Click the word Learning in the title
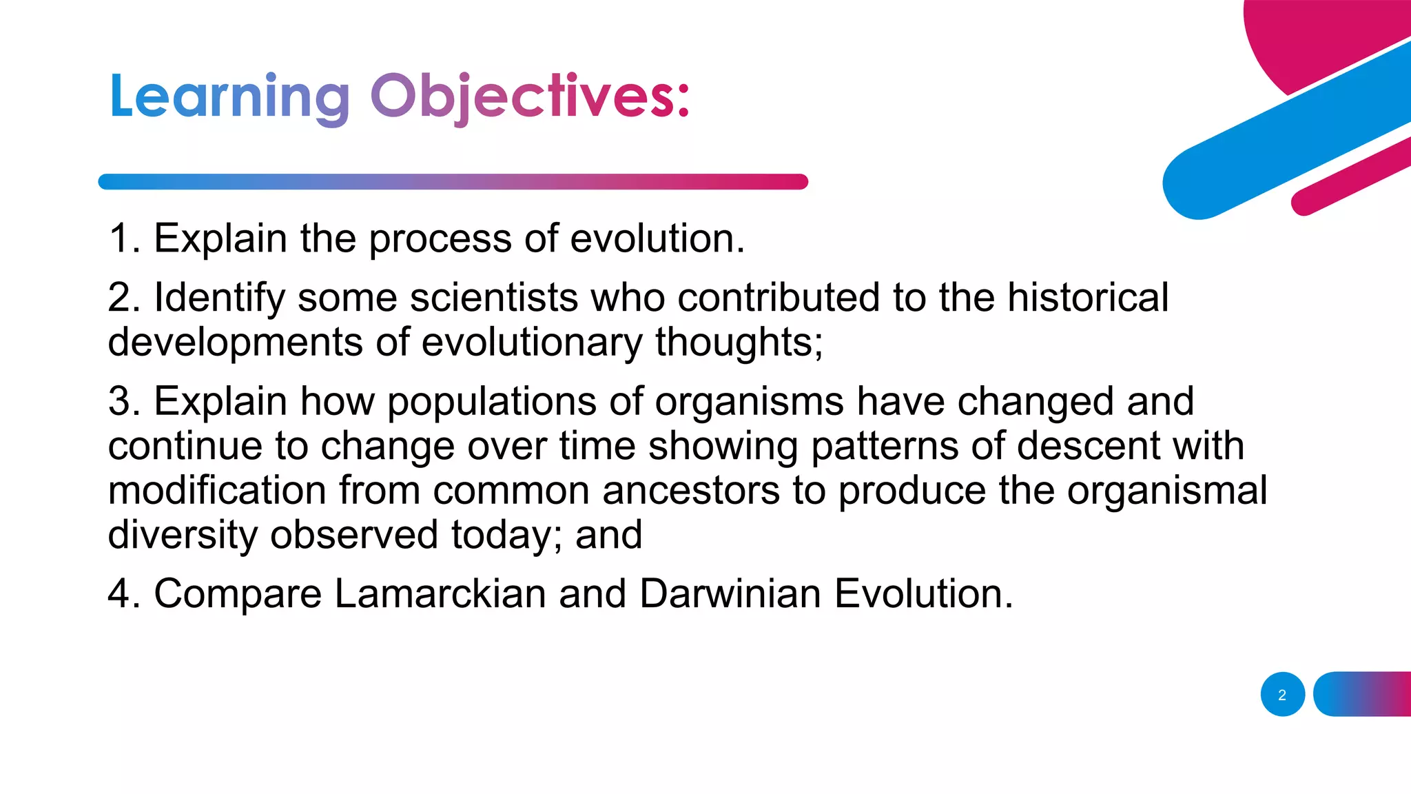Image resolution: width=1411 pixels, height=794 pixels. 229,98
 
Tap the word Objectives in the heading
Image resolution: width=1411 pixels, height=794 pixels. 529,98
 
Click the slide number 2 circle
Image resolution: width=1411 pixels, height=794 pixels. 1282,695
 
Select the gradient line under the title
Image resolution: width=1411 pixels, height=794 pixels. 453,182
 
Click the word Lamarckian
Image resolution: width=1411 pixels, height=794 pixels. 440,593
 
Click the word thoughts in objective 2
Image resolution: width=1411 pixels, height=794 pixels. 739,343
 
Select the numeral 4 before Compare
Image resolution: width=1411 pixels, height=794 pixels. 119,593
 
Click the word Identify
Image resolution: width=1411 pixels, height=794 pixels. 219,298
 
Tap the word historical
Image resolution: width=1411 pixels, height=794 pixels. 1088,298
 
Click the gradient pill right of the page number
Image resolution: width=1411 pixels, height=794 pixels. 1362,694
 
